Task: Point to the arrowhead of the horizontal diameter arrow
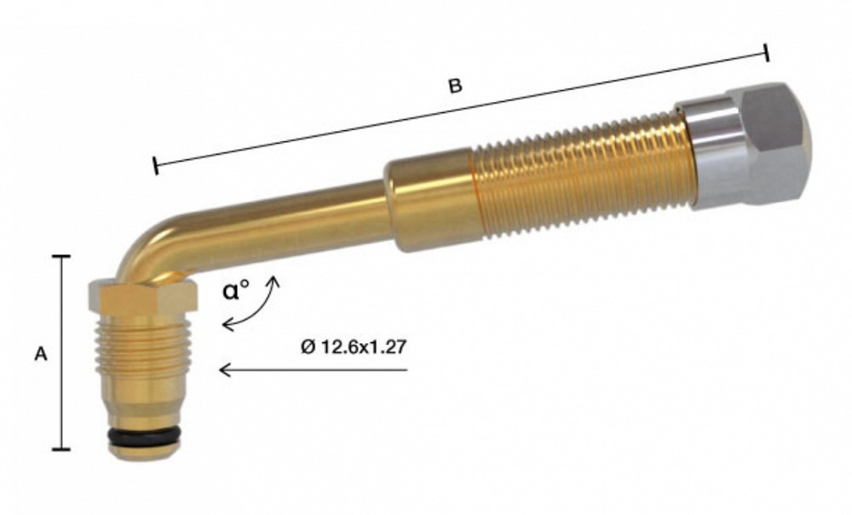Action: click(224, 369)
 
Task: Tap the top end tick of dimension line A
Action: click(61, 255)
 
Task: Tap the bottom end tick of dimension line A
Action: click(61, 449)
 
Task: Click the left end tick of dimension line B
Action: click(155, 166)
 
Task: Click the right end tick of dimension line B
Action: click(767, 53)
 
